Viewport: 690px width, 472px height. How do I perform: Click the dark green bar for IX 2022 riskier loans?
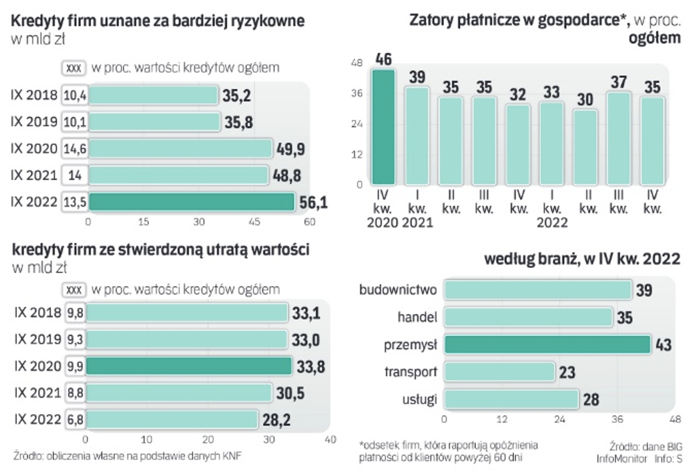(192, 202)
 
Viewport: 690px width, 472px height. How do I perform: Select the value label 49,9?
(291, 149)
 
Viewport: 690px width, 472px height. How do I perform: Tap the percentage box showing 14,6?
(75, 149)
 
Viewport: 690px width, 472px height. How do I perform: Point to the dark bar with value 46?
(383, 127)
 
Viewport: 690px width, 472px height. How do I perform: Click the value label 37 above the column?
(618, 82)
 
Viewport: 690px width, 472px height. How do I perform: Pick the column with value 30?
(585, 147)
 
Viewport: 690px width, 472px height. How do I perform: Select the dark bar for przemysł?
(547, 345)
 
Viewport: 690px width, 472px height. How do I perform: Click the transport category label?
(410, 372)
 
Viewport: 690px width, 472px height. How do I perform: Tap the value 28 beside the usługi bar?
(591, 399)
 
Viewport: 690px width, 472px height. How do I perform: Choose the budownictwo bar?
(538, 290)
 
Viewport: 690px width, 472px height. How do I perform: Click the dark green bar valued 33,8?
(189, 366)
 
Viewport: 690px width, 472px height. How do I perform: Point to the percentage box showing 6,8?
(76, 420)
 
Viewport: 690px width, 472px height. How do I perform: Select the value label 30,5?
(290, 393)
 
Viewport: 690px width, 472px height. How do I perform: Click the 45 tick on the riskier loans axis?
(254, 222)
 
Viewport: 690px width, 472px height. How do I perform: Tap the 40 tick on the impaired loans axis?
(330, 440)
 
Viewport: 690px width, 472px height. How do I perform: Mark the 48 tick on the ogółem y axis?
(357, 63)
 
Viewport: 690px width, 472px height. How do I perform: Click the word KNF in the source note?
(232, 456)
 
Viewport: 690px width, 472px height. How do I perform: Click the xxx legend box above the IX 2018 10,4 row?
(74, 68)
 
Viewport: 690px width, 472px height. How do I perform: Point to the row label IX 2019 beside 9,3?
(38, 340)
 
